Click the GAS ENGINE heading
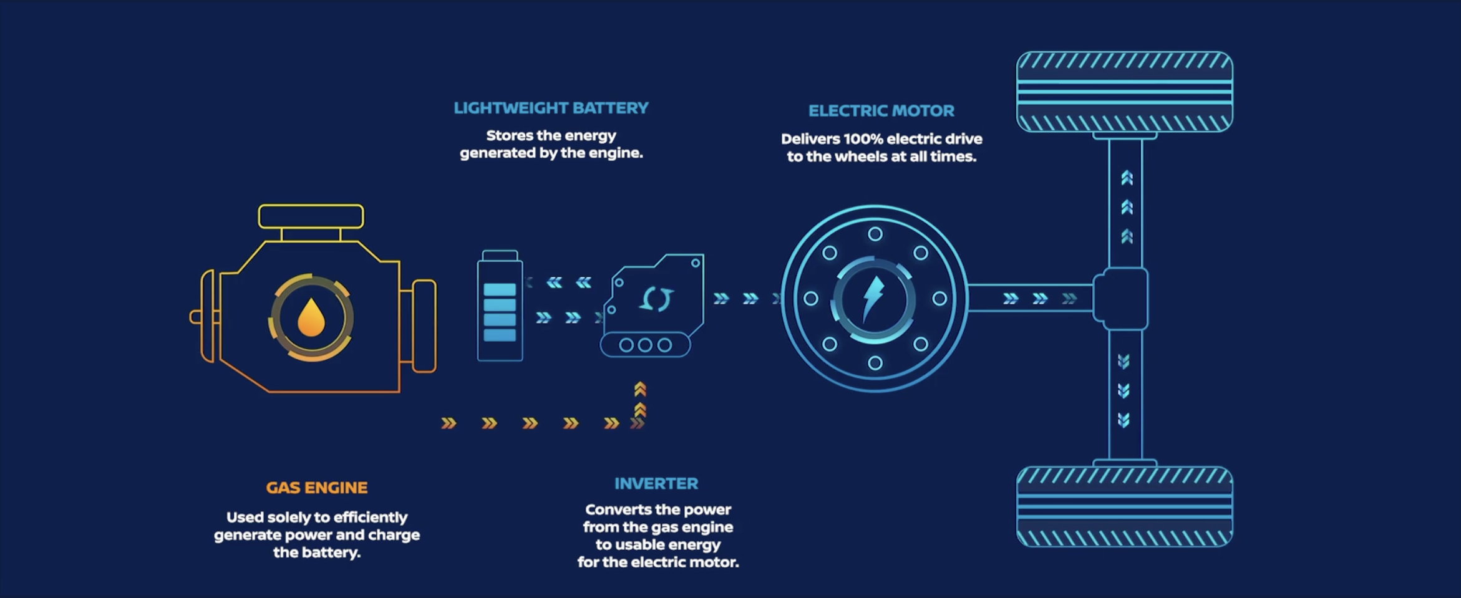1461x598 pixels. (317, 488)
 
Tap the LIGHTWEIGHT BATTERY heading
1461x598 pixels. (551, 108)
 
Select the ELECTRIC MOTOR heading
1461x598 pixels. (881, 111)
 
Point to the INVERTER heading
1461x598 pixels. (656, 484)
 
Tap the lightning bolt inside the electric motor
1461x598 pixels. (873, 299)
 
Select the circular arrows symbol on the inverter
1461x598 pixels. (656, 299)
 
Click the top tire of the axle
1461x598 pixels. (1124, 92)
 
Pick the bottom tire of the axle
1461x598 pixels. (1124, 506)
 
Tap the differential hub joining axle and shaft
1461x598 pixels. (1122, 299)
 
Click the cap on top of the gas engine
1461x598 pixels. (311, 216)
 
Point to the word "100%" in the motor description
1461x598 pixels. (863, 139)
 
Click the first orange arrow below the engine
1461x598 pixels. (449, 424)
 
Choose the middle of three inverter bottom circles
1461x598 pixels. (645, 345)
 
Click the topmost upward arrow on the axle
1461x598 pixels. (1127, 178)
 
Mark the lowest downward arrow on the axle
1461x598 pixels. (1124, 420)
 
